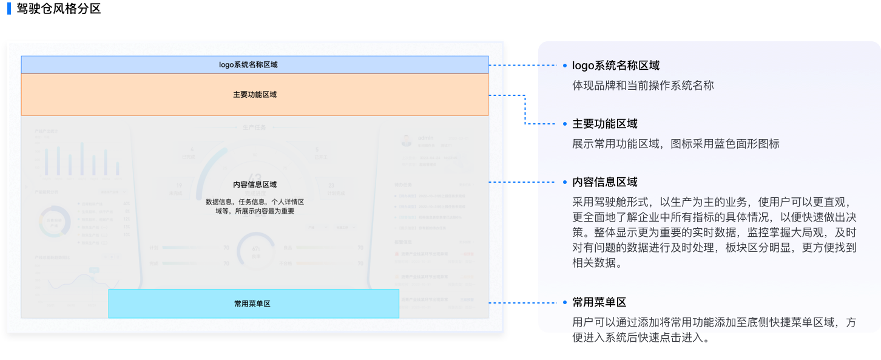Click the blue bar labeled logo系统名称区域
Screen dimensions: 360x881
254,64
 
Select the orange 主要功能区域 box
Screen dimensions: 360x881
254,95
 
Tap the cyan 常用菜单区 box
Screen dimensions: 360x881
254,304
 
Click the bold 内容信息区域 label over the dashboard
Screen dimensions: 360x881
254,185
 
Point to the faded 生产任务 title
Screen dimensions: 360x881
254,128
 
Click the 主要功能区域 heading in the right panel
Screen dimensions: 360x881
604,124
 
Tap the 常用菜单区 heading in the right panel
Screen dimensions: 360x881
599,302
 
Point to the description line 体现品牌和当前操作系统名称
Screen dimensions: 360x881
643,86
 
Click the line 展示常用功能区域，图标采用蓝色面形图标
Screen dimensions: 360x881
675,144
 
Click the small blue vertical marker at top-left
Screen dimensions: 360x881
9,8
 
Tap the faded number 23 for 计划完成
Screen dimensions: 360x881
331,186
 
